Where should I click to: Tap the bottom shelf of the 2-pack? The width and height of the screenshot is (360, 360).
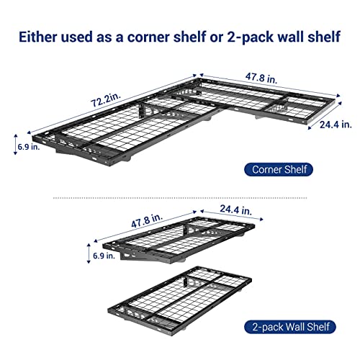180,299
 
